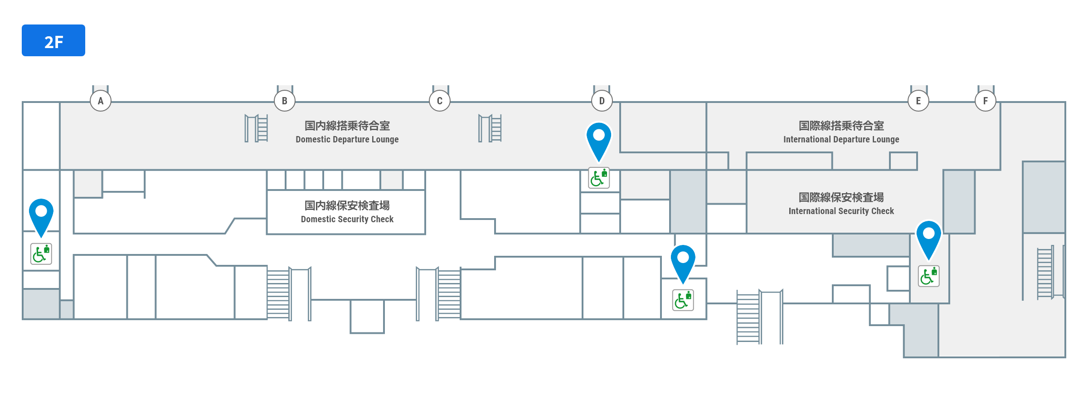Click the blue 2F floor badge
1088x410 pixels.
click(53, 40)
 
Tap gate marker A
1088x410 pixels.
click(101, 101)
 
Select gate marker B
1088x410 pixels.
click(285, 101)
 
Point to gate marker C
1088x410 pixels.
click(440, 101)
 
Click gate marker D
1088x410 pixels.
click(602, 101)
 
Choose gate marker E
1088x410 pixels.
click(918, 101)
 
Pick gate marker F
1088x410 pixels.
click(986, 101)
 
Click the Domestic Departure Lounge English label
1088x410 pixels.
click(347, 139)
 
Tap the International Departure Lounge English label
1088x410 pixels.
click(841, 139)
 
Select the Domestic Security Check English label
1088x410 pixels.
click(347, 219)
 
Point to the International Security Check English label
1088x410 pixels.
click(841, 211)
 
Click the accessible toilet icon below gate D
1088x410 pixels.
click(599, 178)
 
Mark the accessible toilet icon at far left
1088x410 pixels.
click(41, 254)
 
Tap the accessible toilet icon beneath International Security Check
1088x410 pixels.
click(929, 276)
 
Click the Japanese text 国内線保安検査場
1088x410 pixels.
click(347, 205)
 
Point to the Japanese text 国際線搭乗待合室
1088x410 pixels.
click(841, 126)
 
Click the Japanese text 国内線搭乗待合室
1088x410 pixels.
click(347, 126)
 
